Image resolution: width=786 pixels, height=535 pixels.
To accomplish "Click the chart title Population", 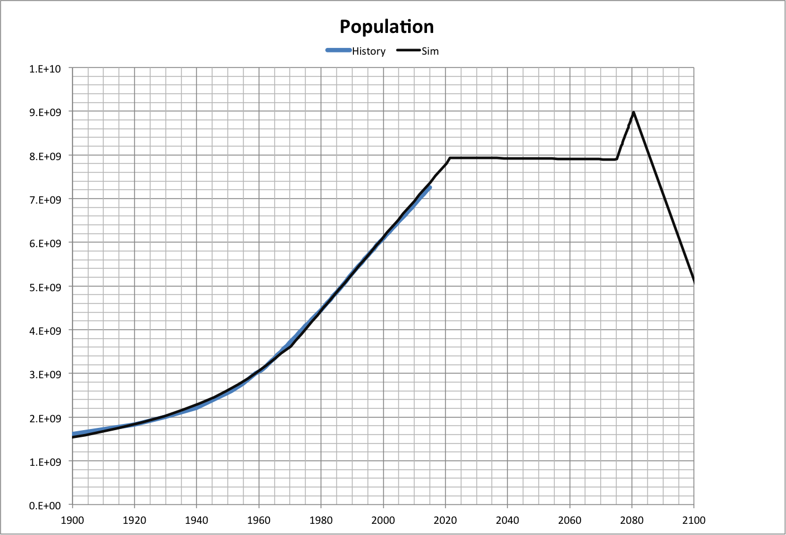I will pos(386,27).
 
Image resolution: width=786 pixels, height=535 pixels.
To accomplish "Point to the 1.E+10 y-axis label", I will pos(45,69).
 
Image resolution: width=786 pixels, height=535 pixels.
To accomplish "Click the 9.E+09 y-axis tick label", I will pos(45,112).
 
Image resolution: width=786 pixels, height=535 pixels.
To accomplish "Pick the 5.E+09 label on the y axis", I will pos(45,287).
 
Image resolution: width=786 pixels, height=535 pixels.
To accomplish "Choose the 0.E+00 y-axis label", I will pos(45,506).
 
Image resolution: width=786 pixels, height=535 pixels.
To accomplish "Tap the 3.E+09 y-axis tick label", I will pos(45,374).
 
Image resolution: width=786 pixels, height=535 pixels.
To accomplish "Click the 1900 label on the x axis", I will pos(72,520).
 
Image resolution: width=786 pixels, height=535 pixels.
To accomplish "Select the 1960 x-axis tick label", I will pos(258,520).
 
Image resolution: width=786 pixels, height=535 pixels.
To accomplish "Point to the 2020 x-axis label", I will pos(445,520).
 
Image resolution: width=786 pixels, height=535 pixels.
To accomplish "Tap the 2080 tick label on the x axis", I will pos(631,520).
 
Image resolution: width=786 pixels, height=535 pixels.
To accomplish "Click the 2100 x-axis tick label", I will pos(693,520).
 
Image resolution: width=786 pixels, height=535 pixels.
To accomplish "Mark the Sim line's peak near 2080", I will pos(634,113).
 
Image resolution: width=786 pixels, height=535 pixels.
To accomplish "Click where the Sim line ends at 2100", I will pos(693,282).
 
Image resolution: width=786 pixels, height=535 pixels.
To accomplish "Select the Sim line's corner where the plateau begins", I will pos(449,158).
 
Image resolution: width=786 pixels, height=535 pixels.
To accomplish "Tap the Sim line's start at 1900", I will pos(73,437).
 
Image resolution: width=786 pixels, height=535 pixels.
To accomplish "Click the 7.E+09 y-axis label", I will pos(45,200).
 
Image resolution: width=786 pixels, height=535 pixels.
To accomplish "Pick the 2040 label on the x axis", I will pos(507,520).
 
